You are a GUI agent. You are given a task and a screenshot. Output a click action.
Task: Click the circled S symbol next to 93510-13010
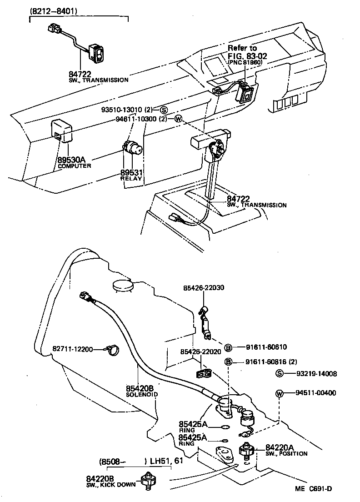pos(163,110)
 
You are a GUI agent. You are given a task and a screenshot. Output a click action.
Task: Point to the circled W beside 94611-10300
pos(178,119)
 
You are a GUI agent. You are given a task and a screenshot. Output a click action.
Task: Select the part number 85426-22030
pos(204,288)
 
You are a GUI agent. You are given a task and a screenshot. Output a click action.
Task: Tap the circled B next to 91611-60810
pos(228,347)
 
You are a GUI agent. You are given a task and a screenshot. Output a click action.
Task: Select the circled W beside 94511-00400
pos(280,393)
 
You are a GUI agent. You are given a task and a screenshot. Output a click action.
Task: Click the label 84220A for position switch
pos(280,447)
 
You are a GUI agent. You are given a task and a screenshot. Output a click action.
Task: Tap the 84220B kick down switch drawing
pos(148,480)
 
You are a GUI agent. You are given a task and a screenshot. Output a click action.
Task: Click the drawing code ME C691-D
pos(313,489)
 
